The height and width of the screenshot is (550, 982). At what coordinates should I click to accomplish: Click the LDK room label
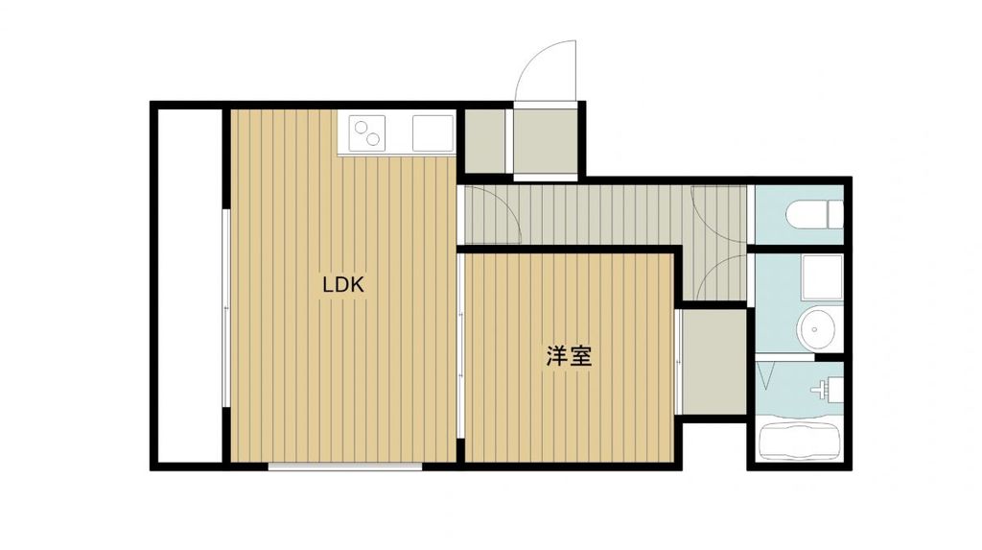(343, 284)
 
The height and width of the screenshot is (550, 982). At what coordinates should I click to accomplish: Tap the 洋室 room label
(568, 357)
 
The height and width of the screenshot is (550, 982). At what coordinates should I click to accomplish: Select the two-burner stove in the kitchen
(367, 132)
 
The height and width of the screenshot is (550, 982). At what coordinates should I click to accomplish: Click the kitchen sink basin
(433, 132)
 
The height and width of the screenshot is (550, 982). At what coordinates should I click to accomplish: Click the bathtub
(799, 442)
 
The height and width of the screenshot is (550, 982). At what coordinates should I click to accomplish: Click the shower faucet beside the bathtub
(823, 390)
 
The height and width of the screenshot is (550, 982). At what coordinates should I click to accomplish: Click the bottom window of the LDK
(344, 466)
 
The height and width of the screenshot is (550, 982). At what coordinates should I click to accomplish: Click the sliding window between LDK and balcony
(225, 307)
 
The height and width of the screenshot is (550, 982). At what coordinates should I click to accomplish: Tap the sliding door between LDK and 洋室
(460, 346)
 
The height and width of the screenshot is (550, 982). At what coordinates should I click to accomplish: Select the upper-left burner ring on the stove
(361, 125)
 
